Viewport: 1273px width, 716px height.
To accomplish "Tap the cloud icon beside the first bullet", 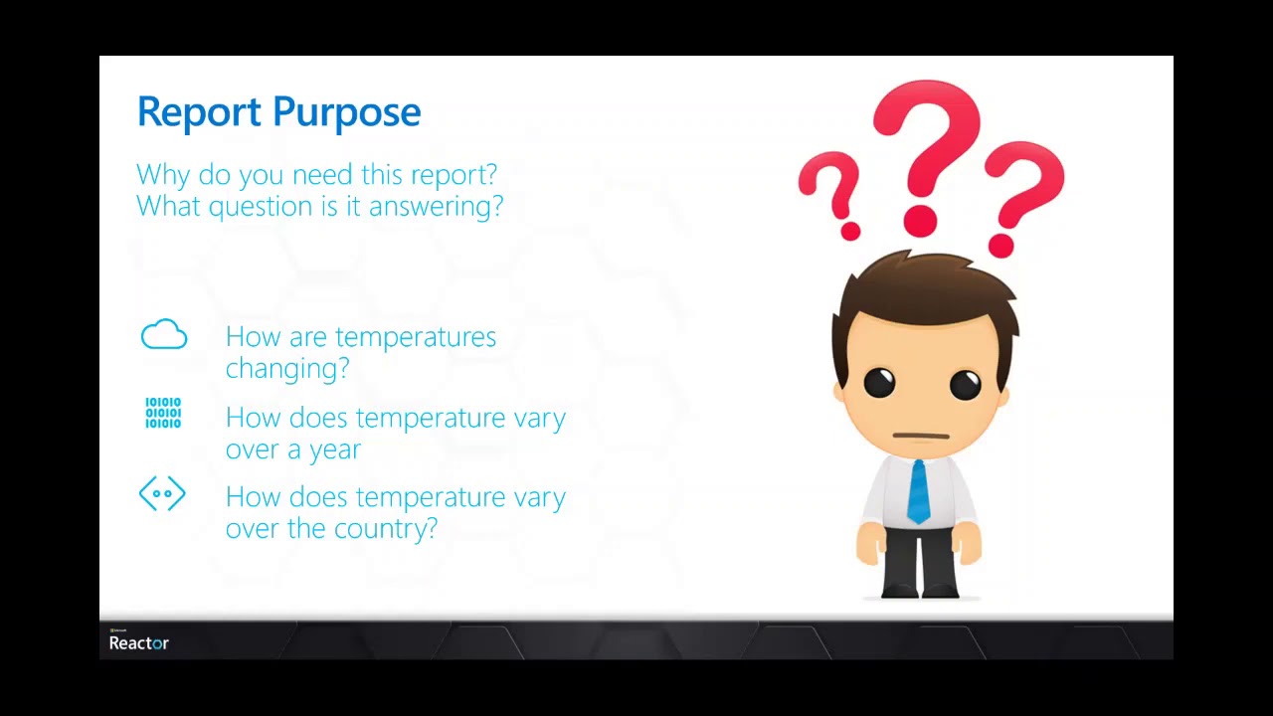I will (164, 335).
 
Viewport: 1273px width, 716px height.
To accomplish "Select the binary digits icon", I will (163, 413).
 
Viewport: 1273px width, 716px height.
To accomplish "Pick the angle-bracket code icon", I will (162, 493).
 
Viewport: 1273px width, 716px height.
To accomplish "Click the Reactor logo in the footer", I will (139, 641).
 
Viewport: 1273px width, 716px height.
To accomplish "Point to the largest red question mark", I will (926, 149).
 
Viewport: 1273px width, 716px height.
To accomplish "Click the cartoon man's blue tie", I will (918, 492).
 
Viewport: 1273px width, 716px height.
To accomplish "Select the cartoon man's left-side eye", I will (879, 383).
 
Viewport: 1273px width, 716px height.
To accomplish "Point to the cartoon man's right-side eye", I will (965, 384).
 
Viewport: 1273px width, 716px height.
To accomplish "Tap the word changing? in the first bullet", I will (287, 369).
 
